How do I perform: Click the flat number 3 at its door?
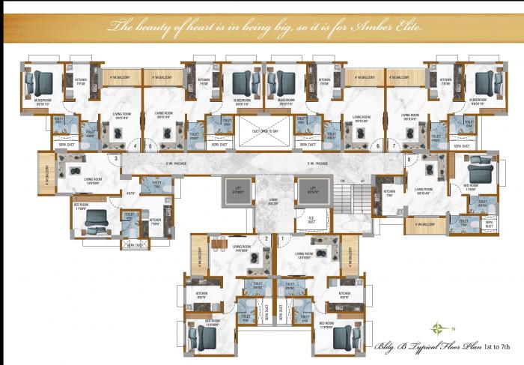coord(116,158)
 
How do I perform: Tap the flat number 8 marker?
coord(409,159)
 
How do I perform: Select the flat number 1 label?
coord(282,238)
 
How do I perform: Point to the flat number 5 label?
coord(150,146)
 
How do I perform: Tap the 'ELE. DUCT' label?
coord(311,220)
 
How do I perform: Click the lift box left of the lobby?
coord(238,192)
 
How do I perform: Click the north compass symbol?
coord(436,325)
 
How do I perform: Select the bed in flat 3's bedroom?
coord(97,217)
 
